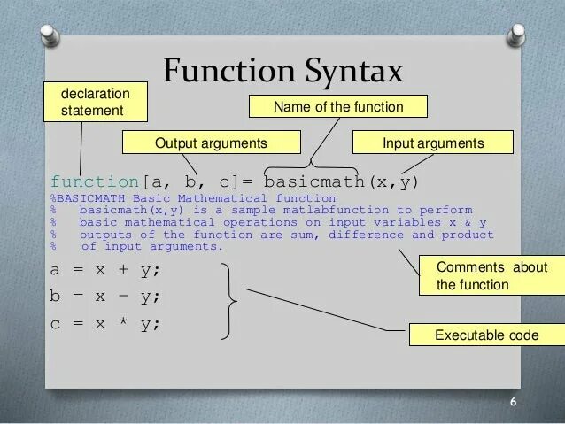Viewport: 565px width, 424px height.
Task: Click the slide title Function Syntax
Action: tap(283, 70)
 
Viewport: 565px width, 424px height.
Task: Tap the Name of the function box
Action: tap(338, 107)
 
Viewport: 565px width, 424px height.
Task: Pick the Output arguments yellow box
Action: tap(211, 143)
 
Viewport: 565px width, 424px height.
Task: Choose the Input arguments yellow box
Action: tap(433, 143)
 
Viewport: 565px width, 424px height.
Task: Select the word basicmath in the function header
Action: tap(311, 183)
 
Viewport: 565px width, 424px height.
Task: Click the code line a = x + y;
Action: tap(105, 269)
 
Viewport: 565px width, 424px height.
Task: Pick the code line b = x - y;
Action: tap(105, 297)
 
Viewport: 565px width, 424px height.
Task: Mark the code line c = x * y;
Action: tap(105, 323)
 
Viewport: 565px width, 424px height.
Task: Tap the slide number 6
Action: tap(512, 403)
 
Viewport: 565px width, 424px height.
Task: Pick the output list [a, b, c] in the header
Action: tap(196, 183)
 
